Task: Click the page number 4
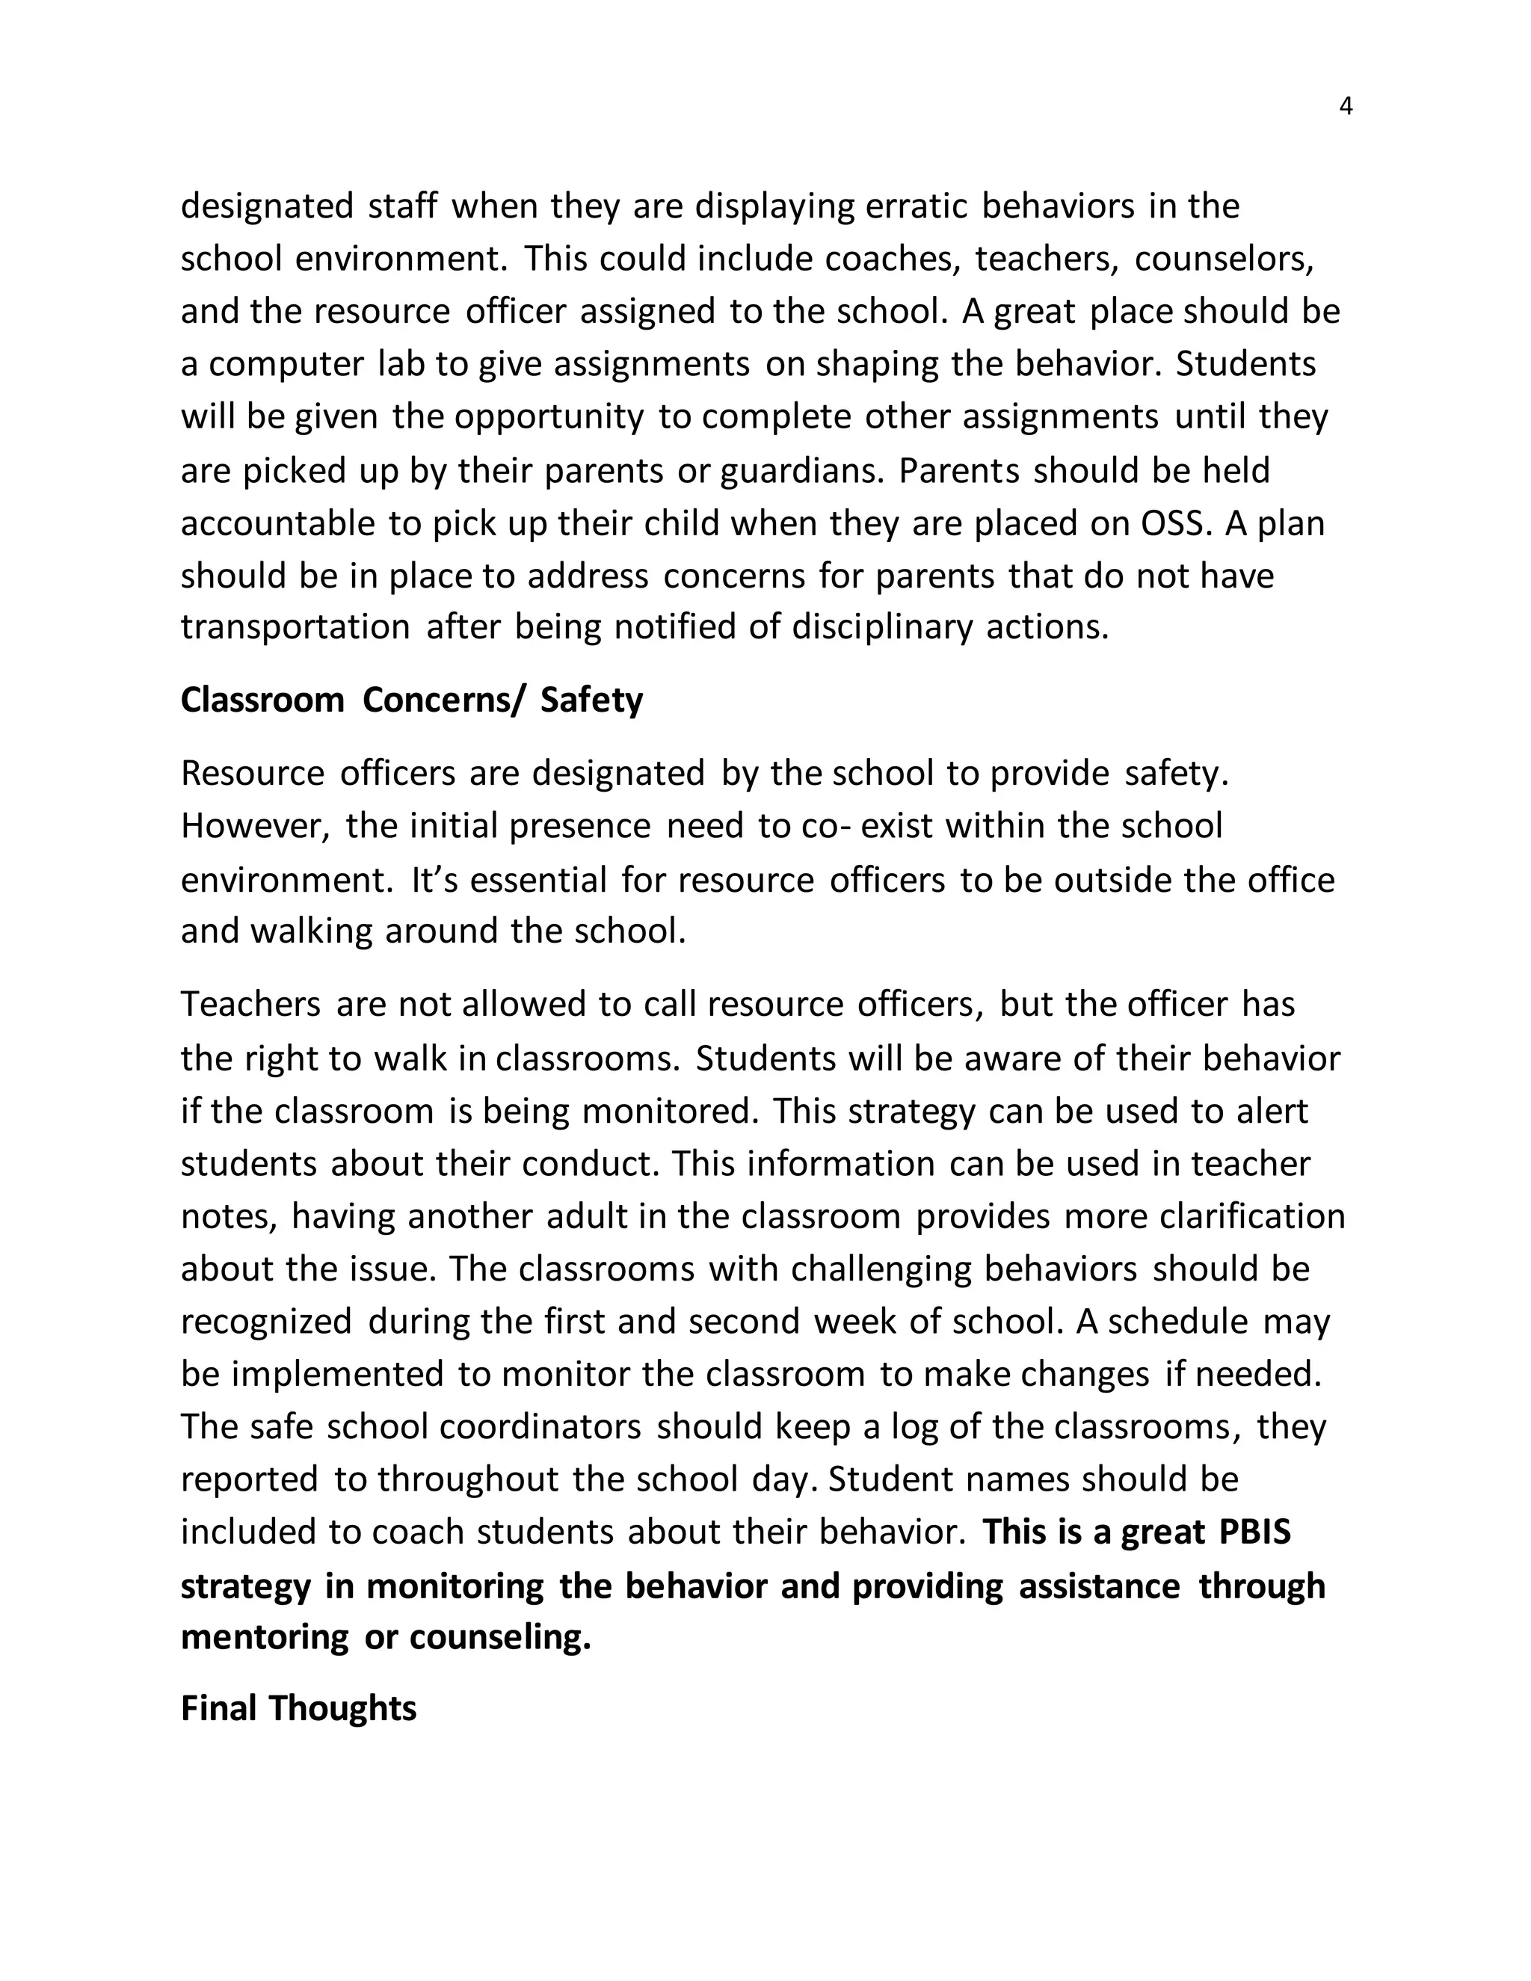pos(1345,107)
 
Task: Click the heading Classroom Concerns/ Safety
pos(411,700)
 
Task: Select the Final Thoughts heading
pos(298,1708)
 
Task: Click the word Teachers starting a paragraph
pos(250,1004)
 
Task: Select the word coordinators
pos(540,1427)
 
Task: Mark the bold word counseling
pos(500,1637)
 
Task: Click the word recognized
pos(265,1322)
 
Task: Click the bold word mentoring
pos(264,1637)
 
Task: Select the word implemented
pos(337,1374)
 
